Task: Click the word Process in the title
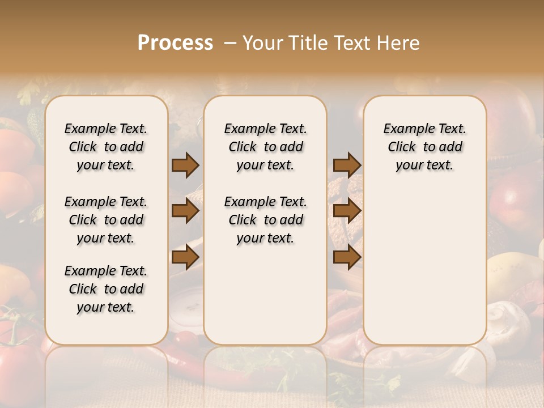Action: [175, 42]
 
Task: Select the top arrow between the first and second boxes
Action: [185, 165]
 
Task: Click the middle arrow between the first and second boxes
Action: [185, 211]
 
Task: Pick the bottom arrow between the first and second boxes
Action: [185, 257]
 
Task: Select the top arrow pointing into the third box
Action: [347, 165]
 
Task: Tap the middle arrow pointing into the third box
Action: [347, 211]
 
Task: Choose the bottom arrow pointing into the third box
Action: [347, 257]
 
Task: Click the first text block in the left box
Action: [106, 147]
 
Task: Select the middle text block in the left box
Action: [106, 220]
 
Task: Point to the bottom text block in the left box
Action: [106, 289]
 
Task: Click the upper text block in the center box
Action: [265, 147]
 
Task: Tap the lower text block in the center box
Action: [265, 220]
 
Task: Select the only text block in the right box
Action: [424, 147]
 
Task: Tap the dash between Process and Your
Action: [230, 43]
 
